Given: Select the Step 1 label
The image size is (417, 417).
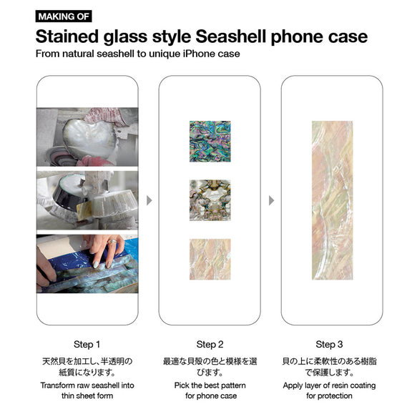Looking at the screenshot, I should [x=88, y=343].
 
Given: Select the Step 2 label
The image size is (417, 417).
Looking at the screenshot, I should [x=210, y=343].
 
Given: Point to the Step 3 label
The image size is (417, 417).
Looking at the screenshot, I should [x=330, y=343].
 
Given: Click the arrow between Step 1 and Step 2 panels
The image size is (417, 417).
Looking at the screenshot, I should [x=149, y=200].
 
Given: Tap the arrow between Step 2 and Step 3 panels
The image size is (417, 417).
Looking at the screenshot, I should [x=270, y=200].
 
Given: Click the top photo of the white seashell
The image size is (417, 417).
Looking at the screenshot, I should [x=87, y=136].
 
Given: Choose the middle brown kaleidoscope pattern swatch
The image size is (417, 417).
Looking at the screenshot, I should [x=210, y=200].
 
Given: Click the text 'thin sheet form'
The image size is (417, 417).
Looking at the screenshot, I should [x=88, y=396].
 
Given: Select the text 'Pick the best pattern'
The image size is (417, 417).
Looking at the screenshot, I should [x=210, y=386].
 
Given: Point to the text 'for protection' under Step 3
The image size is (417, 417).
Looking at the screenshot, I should [x=330, y=396].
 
